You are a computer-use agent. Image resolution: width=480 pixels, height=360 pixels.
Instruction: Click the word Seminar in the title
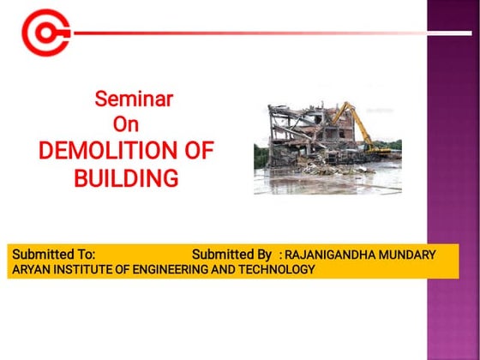pyautogui.click(x=134, y=99)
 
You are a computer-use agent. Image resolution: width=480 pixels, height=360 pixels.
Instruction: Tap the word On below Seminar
pyautogui.click(x=126, y=124)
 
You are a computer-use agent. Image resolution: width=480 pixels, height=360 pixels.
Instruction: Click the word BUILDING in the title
pyautogui.click(x=126, y=178)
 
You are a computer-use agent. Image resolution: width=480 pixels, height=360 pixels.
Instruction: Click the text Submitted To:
pyautogui.click(x=52, y=255)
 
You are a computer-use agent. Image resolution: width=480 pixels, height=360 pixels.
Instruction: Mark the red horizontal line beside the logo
pyautogui.click(x=257, y=33)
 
